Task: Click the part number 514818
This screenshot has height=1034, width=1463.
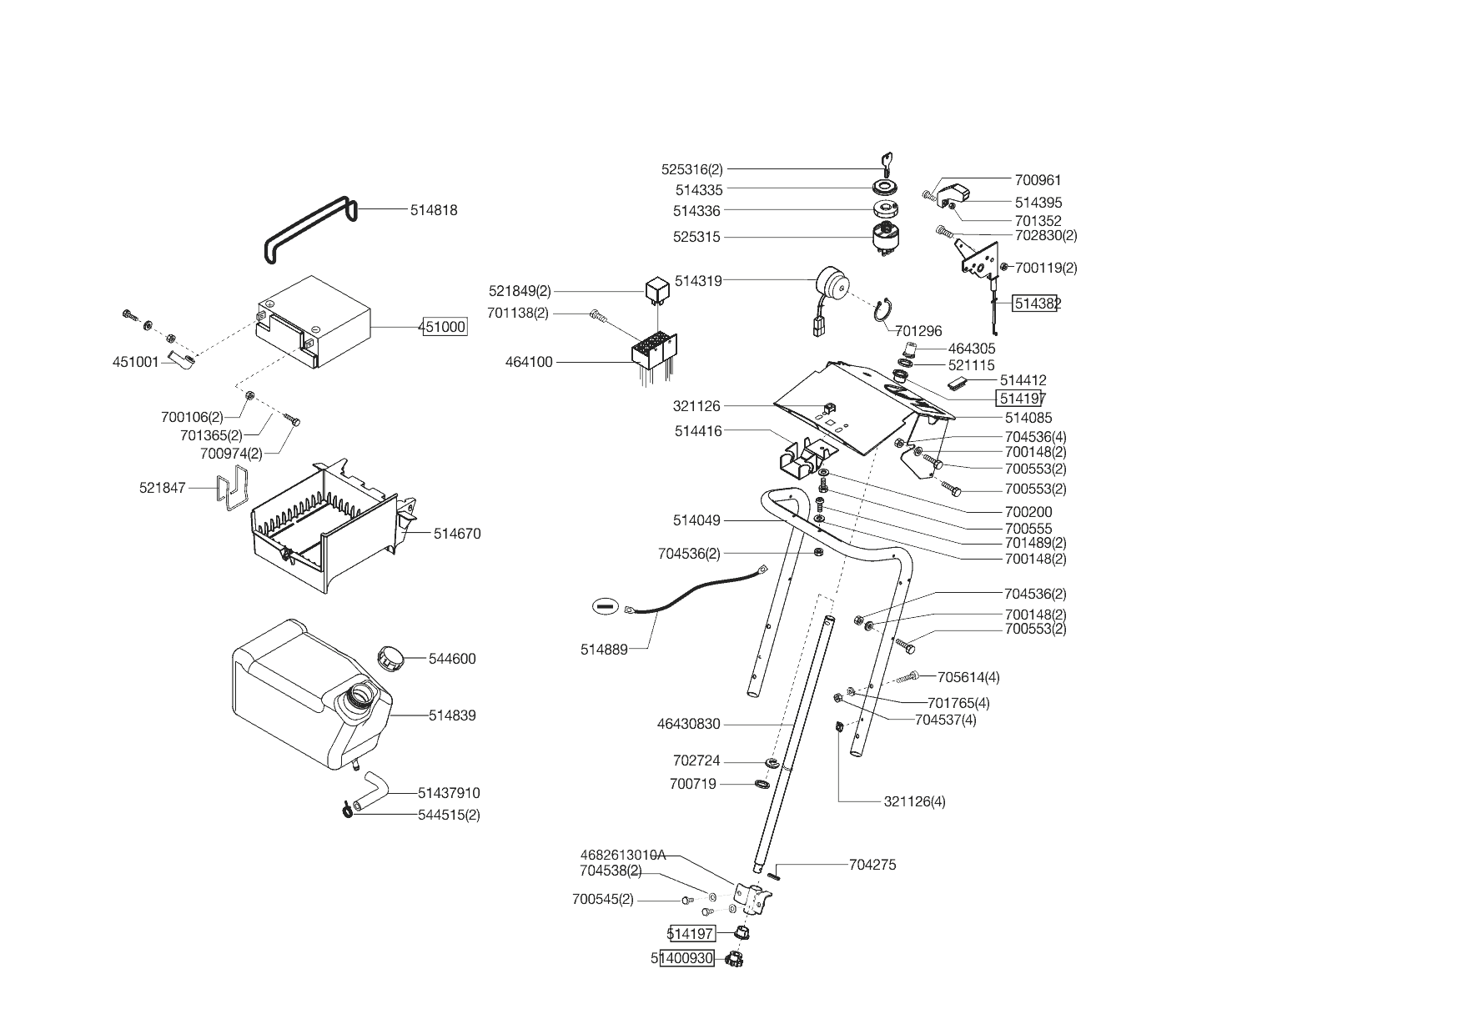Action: click(434, 210)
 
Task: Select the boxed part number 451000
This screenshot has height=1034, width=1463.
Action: click(444, 327)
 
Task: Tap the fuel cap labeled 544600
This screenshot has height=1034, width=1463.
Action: click(390, 657)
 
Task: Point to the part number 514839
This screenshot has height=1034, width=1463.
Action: click(452, 715)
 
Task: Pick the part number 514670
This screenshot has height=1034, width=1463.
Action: click(457, 534)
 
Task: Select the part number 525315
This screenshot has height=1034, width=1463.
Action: click(696, 237)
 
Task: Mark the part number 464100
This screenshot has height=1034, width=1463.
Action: click(529, 362)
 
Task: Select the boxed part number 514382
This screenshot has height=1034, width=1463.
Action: click(1036, 304)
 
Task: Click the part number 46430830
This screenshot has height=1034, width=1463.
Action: click(688, 724)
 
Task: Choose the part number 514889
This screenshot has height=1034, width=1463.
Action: click(604, 649)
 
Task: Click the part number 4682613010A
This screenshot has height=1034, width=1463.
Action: click(622, 855)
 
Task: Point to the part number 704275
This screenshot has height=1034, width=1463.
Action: click(872, 865)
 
